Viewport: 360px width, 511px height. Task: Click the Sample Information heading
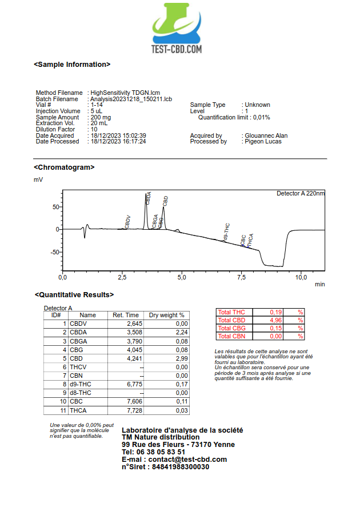tap(72, 65)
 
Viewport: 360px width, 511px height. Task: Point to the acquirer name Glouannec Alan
tap(266, 135)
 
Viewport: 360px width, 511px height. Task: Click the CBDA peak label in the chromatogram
tap(149, 198)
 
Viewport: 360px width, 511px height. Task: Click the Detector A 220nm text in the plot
tap(301, 194)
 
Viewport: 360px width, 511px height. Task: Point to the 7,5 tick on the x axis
tap(241, 277)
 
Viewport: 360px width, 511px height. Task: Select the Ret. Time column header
tap(126, 315)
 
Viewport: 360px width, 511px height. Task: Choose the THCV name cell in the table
tap(78, 367)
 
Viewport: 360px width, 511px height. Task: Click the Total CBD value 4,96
tap(275, 320)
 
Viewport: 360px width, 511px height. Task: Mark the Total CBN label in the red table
tap(231, 336)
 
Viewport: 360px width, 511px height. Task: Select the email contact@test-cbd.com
tap(188, 460)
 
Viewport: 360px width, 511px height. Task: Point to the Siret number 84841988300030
tap(181, 467)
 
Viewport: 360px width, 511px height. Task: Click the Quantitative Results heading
tap(74, 295)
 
